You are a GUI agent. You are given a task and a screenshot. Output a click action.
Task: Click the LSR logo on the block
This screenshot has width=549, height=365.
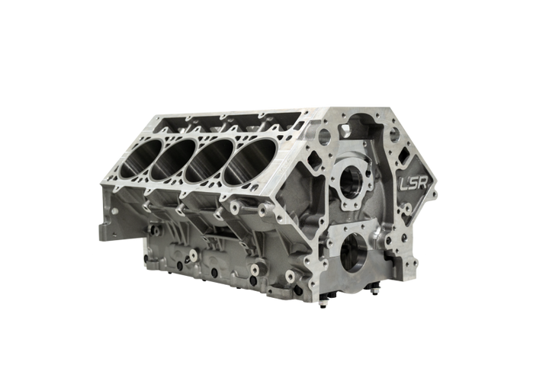tap(414, 182)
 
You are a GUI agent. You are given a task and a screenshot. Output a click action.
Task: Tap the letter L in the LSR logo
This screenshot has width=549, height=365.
tap(404, 182)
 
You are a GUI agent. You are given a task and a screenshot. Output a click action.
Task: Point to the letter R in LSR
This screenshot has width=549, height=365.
tap(423, 182)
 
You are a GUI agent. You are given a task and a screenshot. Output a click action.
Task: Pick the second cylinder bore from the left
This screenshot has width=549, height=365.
tap(174, 158)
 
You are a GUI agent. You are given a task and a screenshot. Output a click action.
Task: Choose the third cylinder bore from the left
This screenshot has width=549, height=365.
tap(210, 160)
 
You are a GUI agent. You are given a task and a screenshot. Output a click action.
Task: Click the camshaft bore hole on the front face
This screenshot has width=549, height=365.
tap(351, 181)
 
